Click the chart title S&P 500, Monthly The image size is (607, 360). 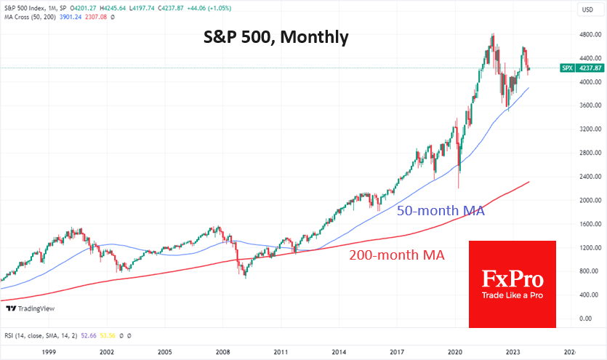tap(276, 36)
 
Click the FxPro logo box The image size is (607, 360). tap(512, 284)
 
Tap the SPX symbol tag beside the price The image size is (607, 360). tap(566, 68)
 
